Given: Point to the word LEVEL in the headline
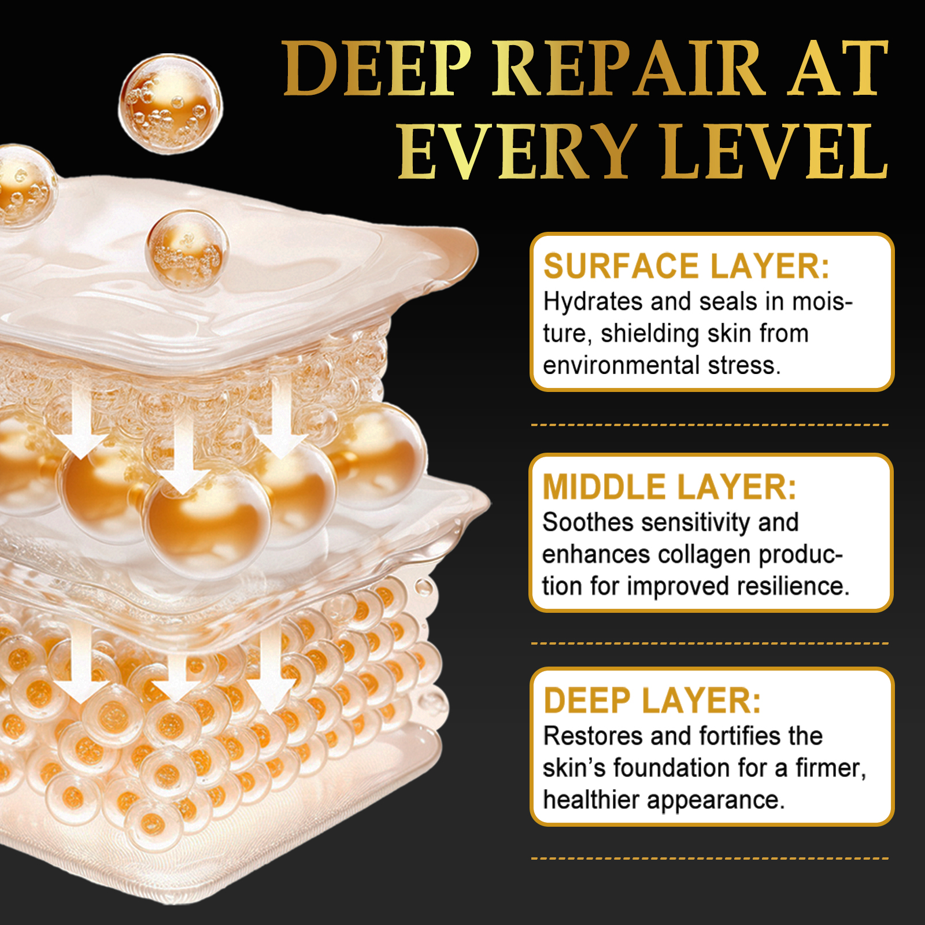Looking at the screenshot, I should click(775, 152).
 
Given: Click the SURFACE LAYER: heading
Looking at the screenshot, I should click(686, 267).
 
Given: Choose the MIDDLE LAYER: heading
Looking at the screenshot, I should click(669, 487).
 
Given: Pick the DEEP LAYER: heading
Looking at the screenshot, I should click(652, 701).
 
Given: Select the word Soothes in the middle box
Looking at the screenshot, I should click(588, 523).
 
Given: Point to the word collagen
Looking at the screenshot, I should click(704, 555).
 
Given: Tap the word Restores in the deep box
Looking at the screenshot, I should click(593, 737).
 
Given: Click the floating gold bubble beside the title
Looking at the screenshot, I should click(171, 104).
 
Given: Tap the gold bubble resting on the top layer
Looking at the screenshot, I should click(186, 250).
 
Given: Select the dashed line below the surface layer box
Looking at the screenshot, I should click(709, 425).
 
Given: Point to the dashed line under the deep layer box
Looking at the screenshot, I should click(709, 859).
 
